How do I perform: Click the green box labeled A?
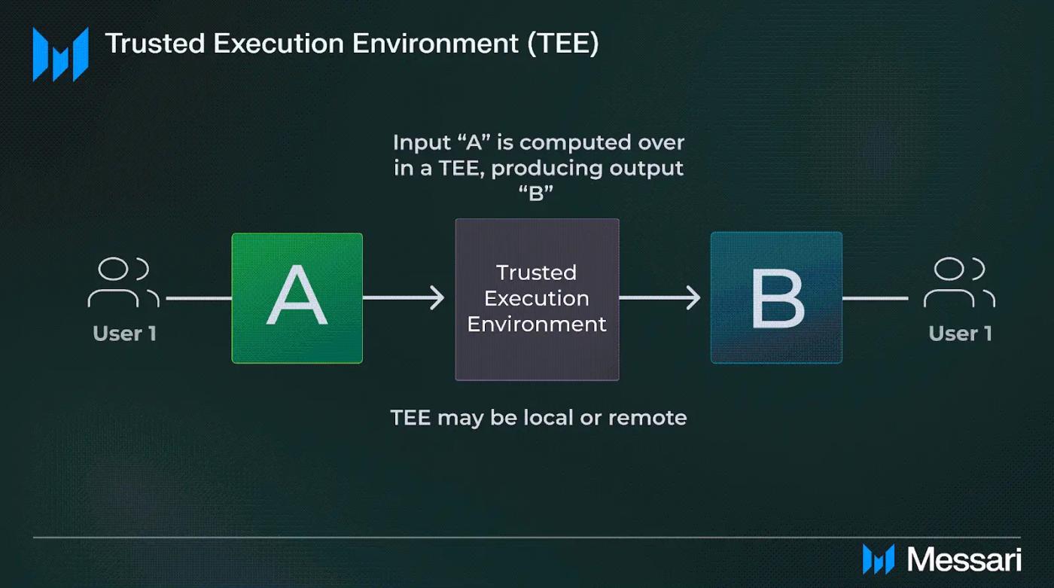297,298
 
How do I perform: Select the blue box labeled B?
776,297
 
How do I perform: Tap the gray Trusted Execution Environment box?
537,300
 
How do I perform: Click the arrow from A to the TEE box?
404,297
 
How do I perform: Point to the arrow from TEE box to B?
660,297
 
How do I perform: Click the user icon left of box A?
123,282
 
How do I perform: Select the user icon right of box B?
959,282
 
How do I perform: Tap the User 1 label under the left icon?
125,334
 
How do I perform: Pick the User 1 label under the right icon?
961,334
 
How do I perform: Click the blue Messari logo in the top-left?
60,54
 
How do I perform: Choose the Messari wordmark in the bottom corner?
964,560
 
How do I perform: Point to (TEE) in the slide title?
563,44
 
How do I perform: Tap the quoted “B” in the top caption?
536,193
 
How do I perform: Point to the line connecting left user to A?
199,298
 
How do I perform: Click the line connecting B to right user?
875,298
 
